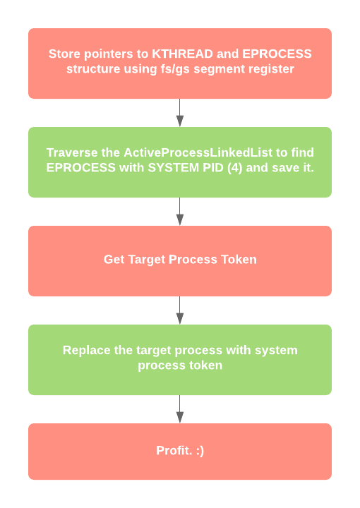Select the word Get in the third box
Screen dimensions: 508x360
[114, 260]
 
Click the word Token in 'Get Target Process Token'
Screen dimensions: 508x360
[239, 260]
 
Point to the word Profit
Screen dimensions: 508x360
[172, 451]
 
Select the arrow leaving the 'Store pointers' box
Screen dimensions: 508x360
[180, 113]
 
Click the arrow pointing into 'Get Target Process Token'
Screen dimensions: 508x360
[180, 212]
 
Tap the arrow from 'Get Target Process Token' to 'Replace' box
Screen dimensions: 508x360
[180, 310]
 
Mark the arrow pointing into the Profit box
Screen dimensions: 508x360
[180, 409]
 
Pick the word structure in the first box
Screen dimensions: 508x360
[93, 69]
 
